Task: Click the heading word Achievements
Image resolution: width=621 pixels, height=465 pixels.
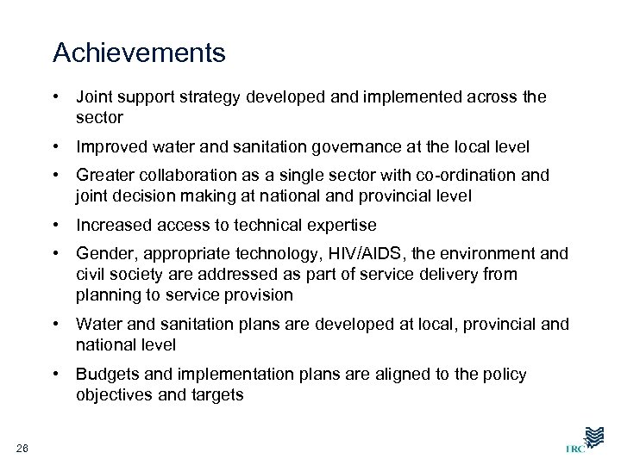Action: pyautogui.click(x=139, y=53)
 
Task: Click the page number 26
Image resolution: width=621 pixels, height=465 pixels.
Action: pyautogui.click(x=22, y=444)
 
